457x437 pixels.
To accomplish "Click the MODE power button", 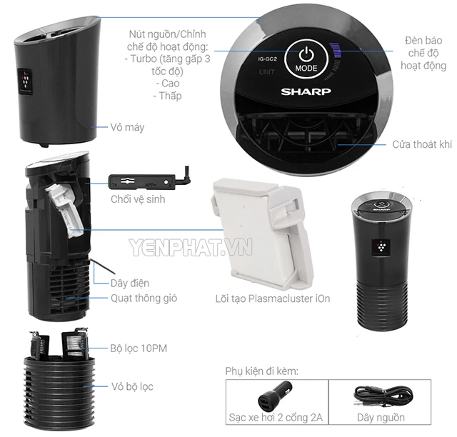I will [306, 58].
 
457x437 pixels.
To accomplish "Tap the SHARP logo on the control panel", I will [306, 92].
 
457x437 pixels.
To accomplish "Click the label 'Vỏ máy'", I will [129, 127].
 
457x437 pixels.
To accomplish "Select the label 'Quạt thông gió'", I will [144, 298].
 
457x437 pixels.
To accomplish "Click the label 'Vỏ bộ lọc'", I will [131, 387].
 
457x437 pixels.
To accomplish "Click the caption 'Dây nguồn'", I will [378, 417].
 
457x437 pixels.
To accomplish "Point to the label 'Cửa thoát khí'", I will [422, 144].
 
